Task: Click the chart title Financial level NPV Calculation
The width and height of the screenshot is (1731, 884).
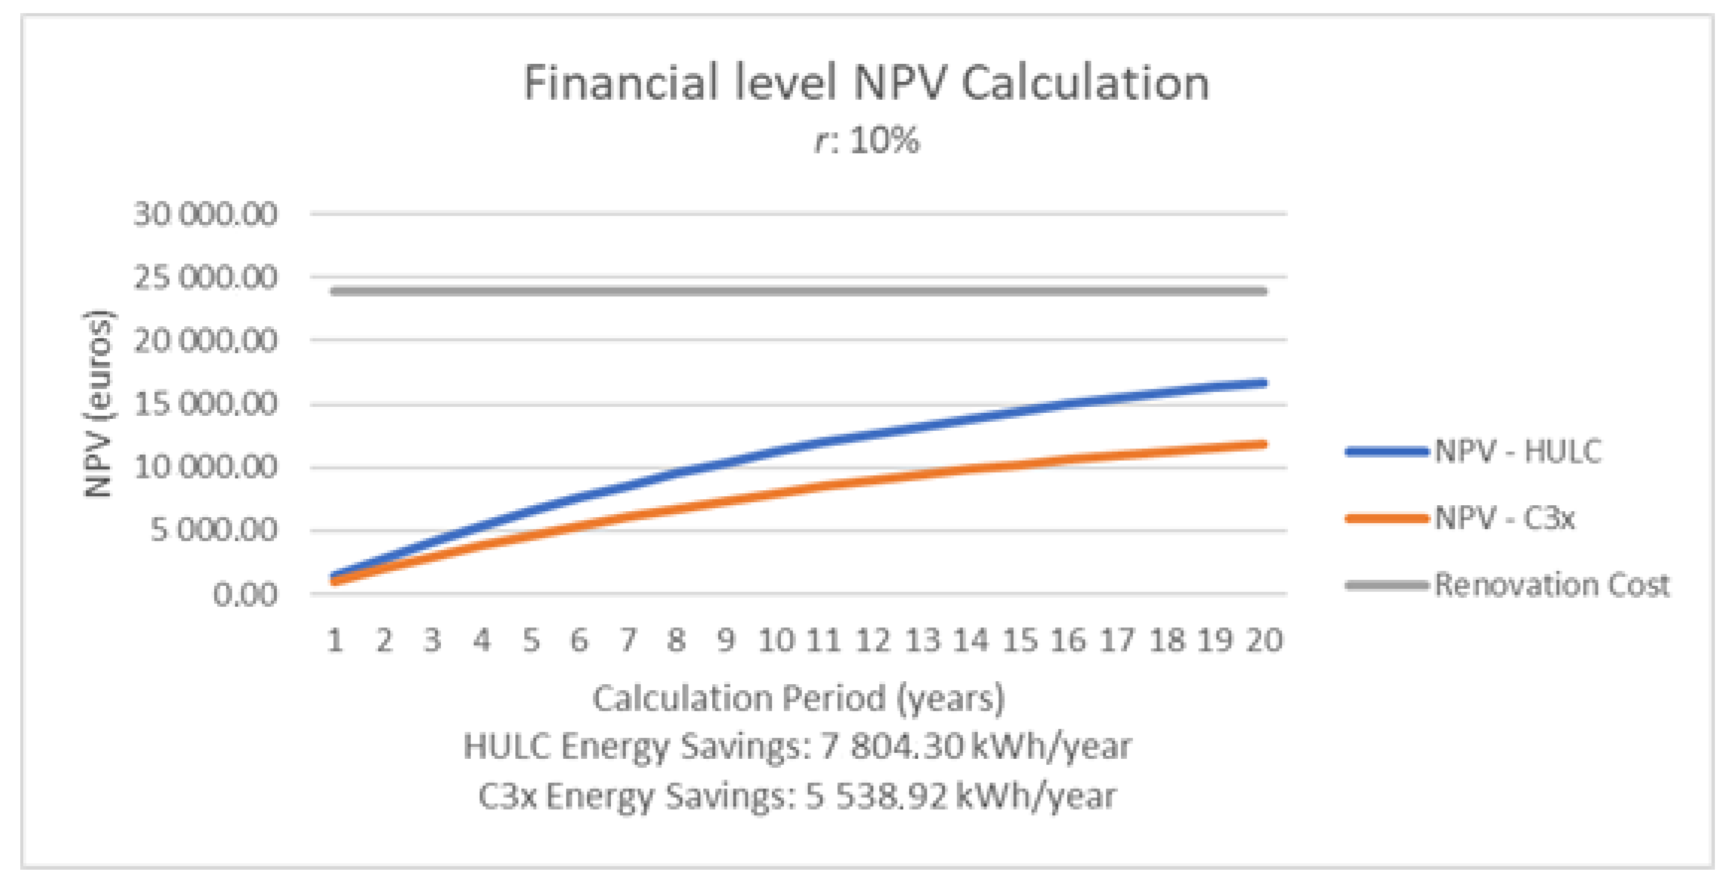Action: point(865,83)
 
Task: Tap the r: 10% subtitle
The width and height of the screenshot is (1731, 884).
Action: point(867,141)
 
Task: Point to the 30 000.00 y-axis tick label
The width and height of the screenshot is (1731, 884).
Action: point(205,215)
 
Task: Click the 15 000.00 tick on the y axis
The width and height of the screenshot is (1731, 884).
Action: point(205,404)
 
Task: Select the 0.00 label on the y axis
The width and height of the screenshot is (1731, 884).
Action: point(245,595)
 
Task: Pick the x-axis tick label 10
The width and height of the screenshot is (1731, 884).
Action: point(776,640)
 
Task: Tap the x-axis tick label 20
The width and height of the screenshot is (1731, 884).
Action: point(1265,640)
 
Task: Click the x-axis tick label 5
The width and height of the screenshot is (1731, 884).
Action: point(531,640)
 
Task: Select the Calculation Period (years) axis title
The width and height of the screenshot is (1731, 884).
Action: point(798,698)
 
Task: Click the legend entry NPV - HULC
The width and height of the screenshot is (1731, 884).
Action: point(1517,452)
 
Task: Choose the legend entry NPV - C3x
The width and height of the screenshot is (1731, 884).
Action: point(1504,518)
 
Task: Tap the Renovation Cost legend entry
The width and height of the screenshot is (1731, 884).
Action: point(1551,585)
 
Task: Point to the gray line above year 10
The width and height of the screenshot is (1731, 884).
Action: point(776,292)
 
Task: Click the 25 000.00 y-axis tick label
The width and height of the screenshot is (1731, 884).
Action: point(205,277)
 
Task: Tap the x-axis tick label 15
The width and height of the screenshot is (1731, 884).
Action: point(1020,640)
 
